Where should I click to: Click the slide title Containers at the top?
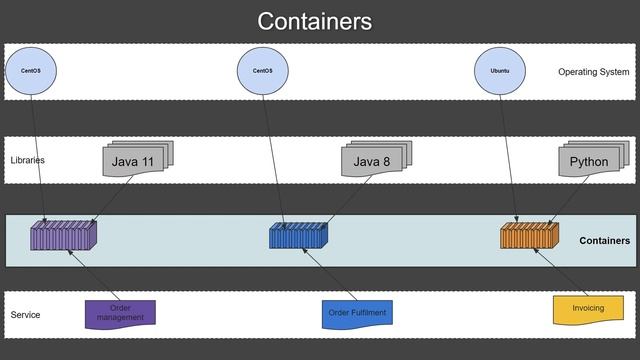[314, 21]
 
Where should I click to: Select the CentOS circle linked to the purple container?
[31, 71]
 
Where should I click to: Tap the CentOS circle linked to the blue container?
[262, 71]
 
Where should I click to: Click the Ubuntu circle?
[500, 71]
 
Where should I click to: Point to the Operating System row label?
[593, 72]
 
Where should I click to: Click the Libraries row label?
[28, 160]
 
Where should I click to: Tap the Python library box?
[591, 161]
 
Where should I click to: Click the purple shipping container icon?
[61, 236]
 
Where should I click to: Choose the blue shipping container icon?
[298, 236]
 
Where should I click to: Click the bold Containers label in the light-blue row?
[604, 241]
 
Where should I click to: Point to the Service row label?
[26, 315]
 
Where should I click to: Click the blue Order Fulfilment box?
[357, 314]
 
